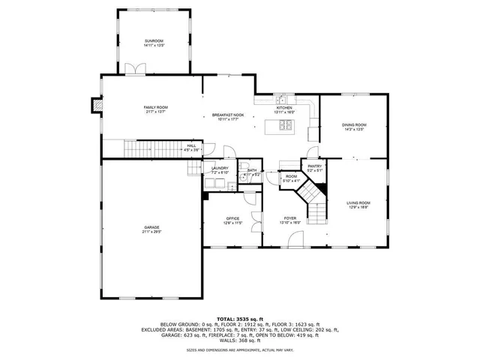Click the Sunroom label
click(x=154, y=42)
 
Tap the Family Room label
click(x=156, y=109)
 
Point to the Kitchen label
click(x=284, y=109)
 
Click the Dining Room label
click(x=354, y=127)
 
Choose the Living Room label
click(x=358, y=205)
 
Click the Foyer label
click(x=290, y=220)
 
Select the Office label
click(x=232, y=220)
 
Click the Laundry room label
click(x=219, y=170)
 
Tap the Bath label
click(x=252, y=172)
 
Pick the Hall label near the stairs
click(x=191, y=148)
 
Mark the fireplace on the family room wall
click(x=94, y=106)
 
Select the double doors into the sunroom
click(x=133, y=70)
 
